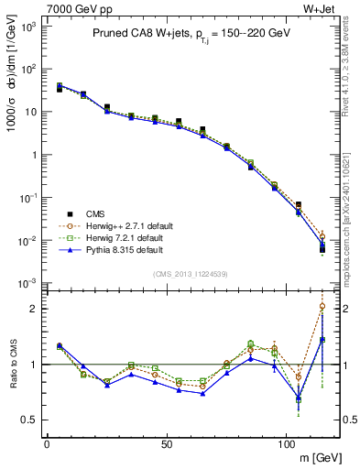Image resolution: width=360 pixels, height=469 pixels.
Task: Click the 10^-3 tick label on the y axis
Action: pos(27,283)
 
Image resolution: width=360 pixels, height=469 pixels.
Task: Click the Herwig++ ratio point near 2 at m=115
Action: pos(322,306)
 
